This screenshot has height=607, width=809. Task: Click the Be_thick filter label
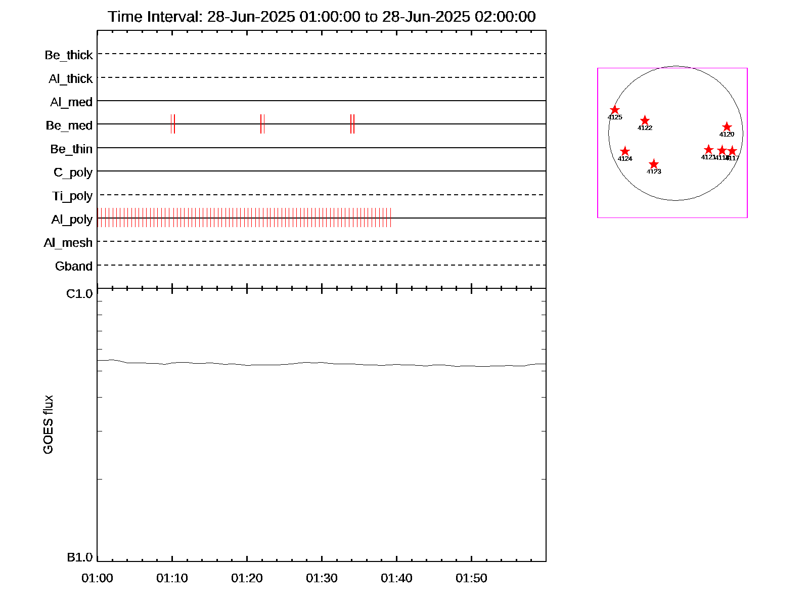point(69,55)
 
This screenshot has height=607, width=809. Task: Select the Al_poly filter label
point(72,220)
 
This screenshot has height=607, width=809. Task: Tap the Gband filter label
point(74,267)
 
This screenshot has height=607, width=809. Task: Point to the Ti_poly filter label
point(72,196)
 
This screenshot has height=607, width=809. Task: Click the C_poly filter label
point(73,172)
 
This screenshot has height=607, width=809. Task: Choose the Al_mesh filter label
point(68,243)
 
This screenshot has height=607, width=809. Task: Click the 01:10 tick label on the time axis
point(172,578)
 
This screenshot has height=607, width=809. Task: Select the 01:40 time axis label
point(396,578)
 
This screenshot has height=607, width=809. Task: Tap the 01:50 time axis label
point(471,578)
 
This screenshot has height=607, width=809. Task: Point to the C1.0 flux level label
point(79,294)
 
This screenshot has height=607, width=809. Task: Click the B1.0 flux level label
point(80,557)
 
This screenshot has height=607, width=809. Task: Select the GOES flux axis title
point(48,425)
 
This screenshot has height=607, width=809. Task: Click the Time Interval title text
point(322,17)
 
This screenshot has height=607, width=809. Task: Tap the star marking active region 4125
point(615,110)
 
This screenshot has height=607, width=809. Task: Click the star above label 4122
point(645,120)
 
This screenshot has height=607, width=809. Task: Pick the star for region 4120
point(727,127)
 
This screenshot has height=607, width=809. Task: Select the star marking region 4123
point(654,164)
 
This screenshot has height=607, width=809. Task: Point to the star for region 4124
point(625,151)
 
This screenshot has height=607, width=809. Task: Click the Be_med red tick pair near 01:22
point(262,124)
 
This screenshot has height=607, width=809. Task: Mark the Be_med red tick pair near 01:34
point(352,124)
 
